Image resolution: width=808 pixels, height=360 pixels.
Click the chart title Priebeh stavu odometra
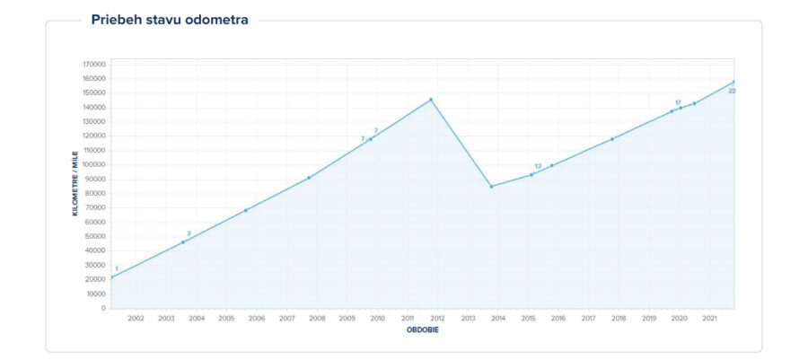click(x=170, y=20)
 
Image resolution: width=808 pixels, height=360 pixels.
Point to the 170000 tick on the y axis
click(x=93, y=64)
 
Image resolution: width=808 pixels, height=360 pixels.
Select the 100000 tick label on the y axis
click(x=93, y=164)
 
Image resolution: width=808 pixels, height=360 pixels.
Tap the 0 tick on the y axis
click(x=103, y=308)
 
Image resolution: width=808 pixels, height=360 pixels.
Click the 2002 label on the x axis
click(x=136, y=318)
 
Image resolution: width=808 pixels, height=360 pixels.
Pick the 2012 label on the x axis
click(x=437, y=318)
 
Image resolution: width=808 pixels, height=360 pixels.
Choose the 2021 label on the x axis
click(x=709, y=318)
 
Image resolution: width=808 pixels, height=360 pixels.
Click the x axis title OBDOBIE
click(x=422, y=329)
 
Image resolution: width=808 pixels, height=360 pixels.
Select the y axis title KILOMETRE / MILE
click(x=75, y=186)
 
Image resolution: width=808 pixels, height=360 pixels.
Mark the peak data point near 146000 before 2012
click(x=431, y=100)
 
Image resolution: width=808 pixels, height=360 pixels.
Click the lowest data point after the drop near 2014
click(x=491, y=187)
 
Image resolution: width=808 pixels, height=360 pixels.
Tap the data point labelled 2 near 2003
click(x=183, y=242)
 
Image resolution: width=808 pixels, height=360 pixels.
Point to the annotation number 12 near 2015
click(x=538, y=166)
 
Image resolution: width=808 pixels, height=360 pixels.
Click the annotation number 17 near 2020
click(x=678, y=102)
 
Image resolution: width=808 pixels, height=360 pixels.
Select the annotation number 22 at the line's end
click(x=732, y=91)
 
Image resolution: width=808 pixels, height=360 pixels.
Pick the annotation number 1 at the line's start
click(x=116, y=268)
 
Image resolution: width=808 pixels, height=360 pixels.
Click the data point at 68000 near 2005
click(x=245, y=211)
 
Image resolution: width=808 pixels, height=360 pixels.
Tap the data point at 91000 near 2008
click(x=309, y=178)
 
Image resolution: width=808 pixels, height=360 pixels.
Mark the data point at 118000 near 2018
click(x=612, y=139)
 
